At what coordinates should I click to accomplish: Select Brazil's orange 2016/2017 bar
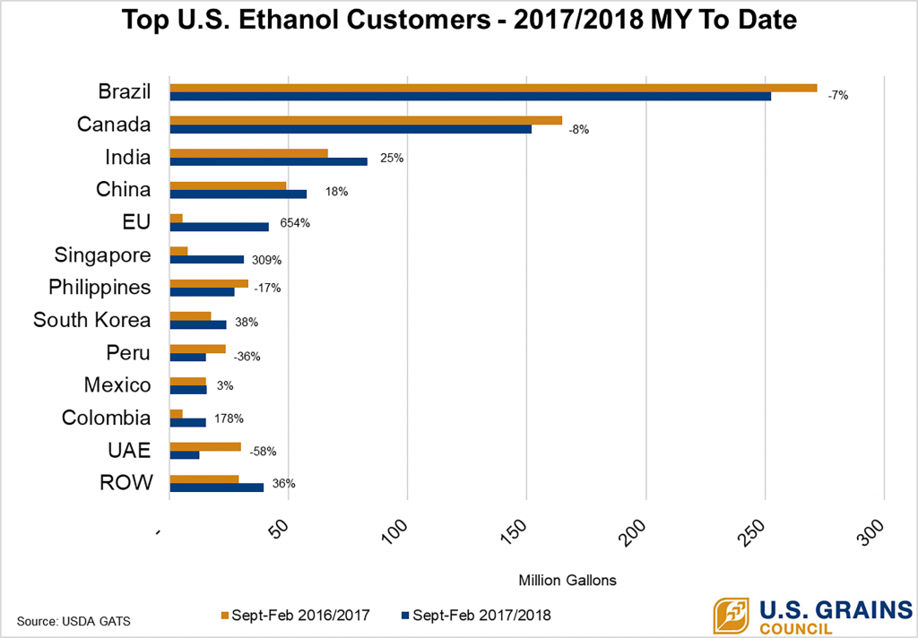click(493, 87)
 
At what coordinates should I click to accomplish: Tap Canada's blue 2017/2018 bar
click(350, 129)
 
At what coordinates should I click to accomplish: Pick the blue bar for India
click(268, 161)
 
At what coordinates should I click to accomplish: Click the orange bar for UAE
click(205, 446)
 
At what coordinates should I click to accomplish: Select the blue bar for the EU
click(219, 227)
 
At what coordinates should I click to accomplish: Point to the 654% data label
click(295, 223)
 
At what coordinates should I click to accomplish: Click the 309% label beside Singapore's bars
click(266, 261)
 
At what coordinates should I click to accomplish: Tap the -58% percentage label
click(238, 451)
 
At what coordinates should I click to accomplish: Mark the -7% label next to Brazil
click(837, 94)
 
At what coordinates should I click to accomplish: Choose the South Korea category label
click(91, 320)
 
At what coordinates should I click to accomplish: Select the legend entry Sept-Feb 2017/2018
click(475, 616)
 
